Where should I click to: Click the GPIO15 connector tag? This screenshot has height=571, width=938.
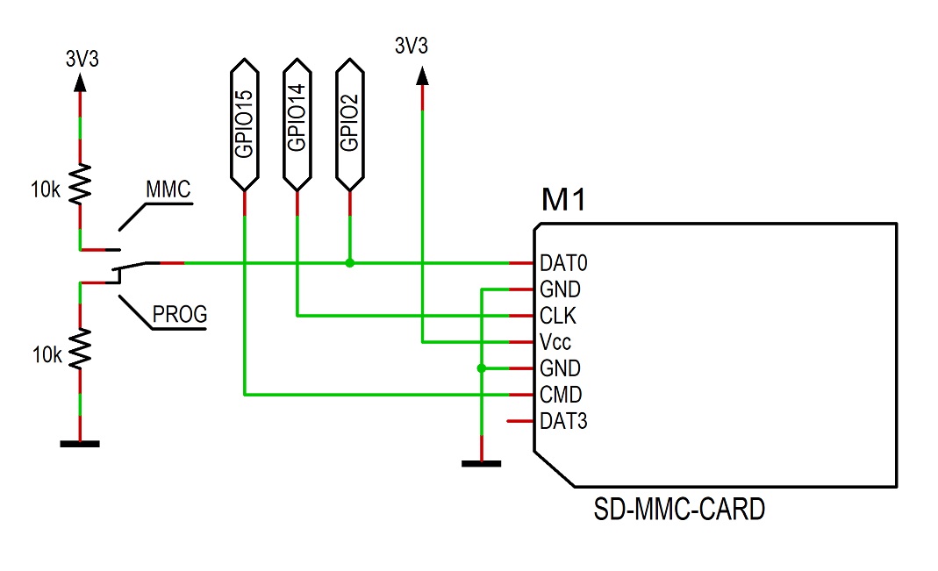(x=244, y=124)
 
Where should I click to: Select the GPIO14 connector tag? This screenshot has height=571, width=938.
(x=297, y=124)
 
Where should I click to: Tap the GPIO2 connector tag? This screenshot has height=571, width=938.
(x=349, y=124)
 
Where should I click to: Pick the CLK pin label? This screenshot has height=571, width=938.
(x=557, y=316)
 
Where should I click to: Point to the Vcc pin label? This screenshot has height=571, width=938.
(x=555, y=342)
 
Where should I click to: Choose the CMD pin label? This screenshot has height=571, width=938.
(x=560, y=395)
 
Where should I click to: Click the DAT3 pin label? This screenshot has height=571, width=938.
(x=562, y=422)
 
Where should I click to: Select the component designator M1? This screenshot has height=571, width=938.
(x=562, y=202)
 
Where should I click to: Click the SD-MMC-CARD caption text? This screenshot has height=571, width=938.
(x=679, y=510)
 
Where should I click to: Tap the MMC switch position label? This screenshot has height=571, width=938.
(x=168, y=189)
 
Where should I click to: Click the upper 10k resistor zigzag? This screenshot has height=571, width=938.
(x=80, y=183)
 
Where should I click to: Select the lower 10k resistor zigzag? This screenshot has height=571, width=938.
(x=80, y=348)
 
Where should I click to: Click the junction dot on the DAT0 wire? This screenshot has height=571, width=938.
(x=349, y=263)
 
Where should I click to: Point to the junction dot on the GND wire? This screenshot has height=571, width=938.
(x=481, y=368)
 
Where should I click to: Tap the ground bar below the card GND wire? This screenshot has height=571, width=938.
(x=481, y=463)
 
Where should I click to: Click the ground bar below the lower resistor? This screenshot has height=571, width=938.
(x=80, y=444)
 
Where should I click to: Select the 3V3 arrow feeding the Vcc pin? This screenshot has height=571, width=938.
(x=422, y=76)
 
